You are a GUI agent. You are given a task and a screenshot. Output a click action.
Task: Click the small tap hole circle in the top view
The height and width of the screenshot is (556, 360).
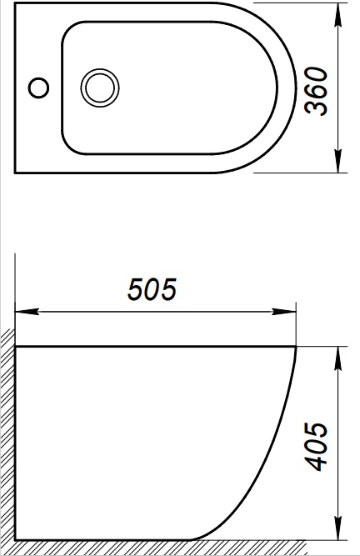(x=37, y=86)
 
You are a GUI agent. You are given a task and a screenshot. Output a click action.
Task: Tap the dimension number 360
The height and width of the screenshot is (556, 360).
(x=317, y=92)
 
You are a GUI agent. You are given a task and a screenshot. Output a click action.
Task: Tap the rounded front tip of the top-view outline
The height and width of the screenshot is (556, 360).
(x=295, y=88)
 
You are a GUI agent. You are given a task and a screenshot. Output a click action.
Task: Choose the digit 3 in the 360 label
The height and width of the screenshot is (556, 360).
(x=317, y=109)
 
